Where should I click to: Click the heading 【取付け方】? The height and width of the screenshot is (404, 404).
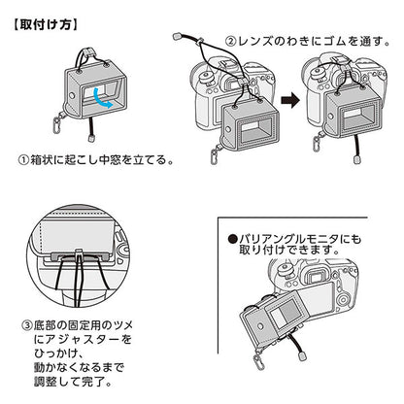45,24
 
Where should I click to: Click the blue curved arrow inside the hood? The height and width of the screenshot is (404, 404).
101,98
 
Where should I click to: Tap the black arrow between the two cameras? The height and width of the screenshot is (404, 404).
290,101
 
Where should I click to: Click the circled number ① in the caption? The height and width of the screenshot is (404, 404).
23,160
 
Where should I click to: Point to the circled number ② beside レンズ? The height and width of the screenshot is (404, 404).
230,42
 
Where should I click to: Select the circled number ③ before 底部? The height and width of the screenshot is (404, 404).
27,324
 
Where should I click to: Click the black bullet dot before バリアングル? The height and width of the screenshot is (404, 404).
233,239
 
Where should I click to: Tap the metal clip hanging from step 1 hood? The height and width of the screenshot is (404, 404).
58,123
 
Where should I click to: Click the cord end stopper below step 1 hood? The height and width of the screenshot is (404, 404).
91,138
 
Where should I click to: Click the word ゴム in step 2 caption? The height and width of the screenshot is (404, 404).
336,42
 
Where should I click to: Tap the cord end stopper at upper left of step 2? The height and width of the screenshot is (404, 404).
177,36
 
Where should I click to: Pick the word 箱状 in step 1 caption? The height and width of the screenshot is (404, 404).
42,160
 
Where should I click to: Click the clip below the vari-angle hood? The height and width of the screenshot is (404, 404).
259,360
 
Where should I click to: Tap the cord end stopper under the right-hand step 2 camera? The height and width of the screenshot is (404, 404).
357,160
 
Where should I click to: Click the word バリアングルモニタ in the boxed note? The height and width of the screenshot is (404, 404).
288,239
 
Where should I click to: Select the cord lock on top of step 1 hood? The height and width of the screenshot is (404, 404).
90,53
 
